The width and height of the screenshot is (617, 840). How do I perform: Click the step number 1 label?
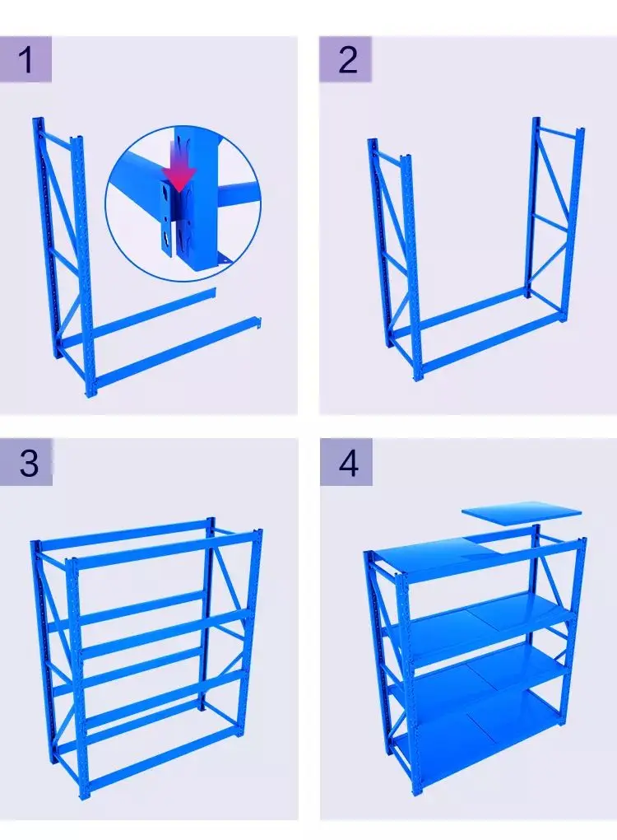coord(26,59)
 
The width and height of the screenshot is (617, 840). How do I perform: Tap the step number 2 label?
coord(348,60)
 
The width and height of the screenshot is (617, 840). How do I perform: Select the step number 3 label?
coord(29,463)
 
